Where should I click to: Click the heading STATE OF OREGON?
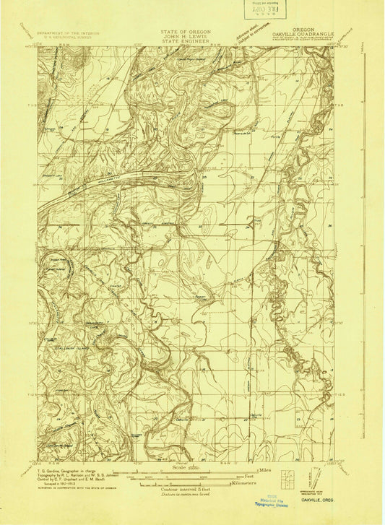pyautogui.click(x=191, y=32)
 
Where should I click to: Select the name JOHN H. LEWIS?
pyautogui.click(x=191, y=38)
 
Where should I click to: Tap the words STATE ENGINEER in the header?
pyautogui.click(x=191, y=43)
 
